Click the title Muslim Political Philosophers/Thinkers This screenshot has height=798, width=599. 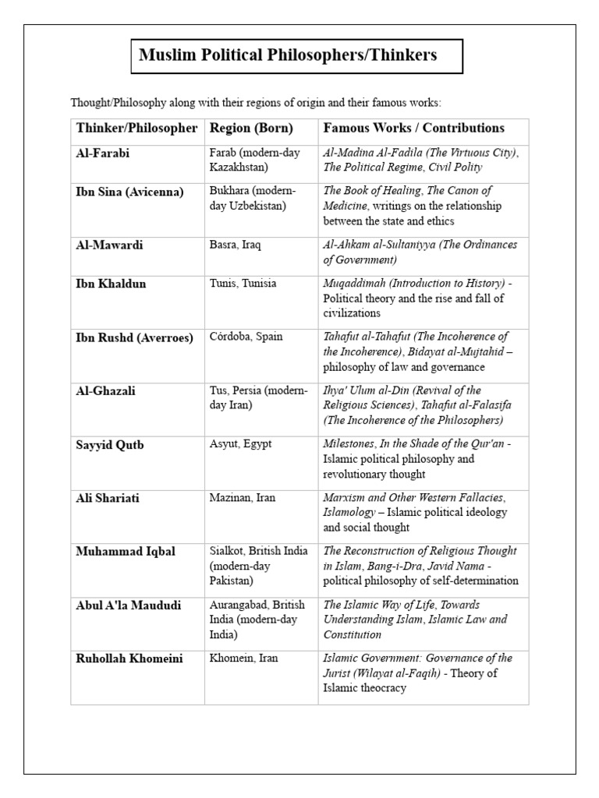288,55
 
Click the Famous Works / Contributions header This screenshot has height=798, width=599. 413,129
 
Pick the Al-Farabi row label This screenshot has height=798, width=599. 103,154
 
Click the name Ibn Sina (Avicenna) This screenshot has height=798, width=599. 129,192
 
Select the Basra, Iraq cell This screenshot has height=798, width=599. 236,245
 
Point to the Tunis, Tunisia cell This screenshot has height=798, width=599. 243,284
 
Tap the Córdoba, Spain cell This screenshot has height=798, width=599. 246,337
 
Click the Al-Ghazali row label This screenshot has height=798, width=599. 105,391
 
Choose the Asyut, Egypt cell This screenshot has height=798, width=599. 241,443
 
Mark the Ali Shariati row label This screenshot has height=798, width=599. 108,498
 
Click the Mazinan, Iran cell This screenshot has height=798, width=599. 243,497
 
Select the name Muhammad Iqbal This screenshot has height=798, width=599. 126,552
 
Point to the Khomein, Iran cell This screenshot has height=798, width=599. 244,659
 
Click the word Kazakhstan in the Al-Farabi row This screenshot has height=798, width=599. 239,168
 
